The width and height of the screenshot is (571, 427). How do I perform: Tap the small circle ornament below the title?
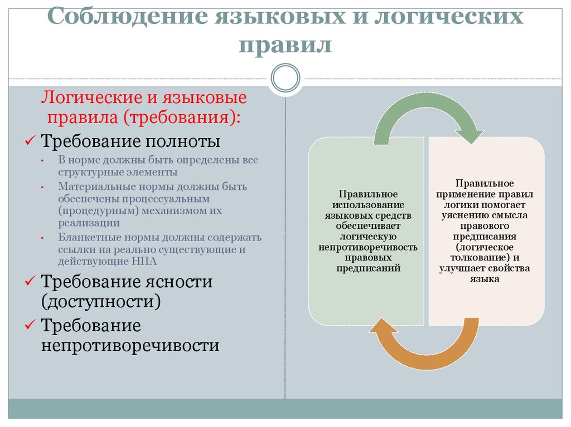[285, 77]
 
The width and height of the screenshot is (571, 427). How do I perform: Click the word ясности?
[179, 282]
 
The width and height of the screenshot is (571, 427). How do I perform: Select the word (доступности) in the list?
[101, 302]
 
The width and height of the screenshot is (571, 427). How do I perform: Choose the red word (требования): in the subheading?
[183, 117]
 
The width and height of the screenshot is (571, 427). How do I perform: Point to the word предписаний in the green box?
[368, 268]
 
